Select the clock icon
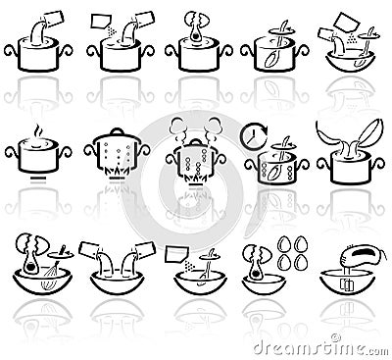click(x=255, y=132)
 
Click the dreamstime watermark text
click(x=334, y=348)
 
